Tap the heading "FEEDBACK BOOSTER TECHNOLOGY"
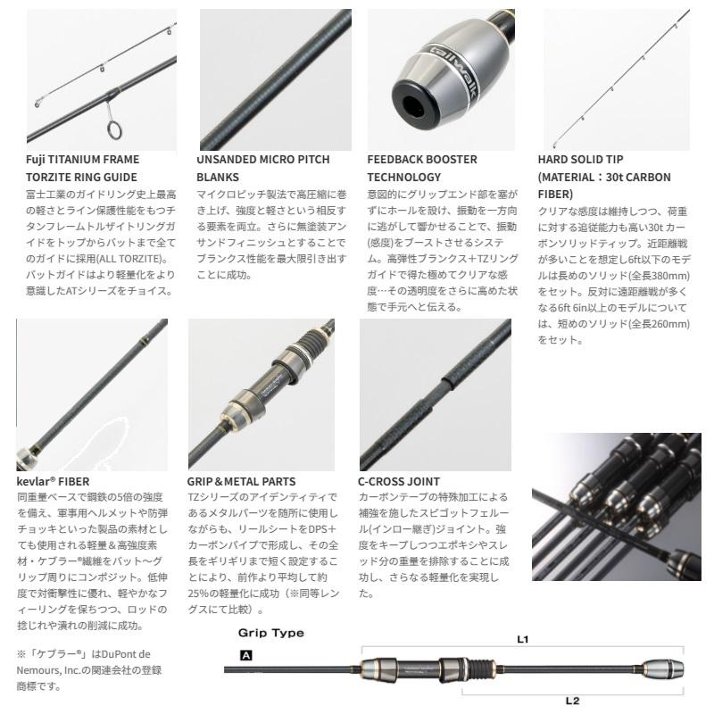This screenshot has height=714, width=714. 422,168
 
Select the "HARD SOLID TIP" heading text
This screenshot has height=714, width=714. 581,160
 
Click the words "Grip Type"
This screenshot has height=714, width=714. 270,633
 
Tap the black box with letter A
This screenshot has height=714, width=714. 245,655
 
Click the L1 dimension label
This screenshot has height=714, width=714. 524,639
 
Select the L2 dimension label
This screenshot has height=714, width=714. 572,701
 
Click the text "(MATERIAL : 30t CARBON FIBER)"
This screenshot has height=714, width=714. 594,185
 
